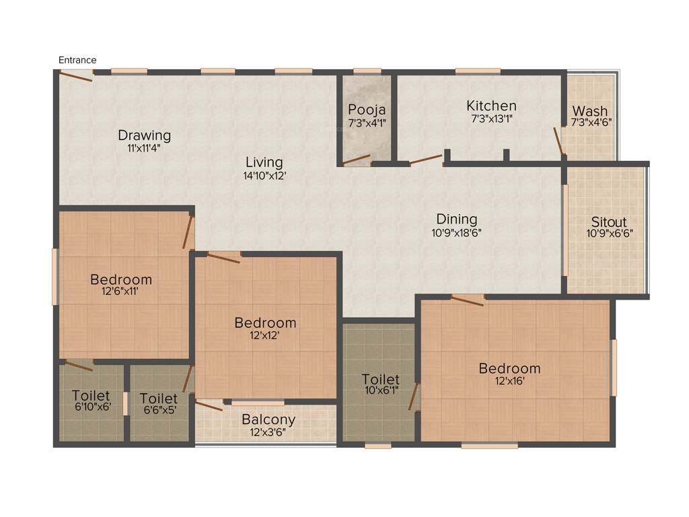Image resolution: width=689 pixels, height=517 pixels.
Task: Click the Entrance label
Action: coord(77,60)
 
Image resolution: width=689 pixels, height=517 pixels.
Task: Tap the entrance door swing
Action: coord(75,76)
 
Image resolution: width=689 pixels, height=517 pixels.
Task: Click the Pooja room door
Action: coord(356,160)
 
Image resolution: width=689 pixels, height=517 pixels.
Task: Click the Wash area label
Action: coord(590,111)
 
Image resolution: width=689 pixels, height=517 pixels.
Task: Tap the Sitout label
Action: coord(609,222)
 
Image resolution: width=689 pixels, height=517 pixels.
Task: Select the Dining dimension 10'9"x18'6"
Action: coord(457,233)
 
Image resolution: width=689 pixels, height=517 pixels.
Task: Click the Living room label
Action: coord(264,162)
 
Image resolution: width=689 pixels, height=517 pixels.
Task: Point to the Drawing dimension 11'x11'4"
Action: coord(144,148)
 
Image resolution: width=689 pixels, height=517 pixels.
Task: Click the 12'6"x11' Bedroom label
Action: coord(121,279)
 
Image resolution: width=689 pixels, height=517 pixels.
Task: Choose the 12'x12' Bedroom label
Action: coord(265,323)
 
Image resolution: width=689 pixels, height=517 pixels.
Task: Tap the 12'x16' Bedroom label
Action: coord(509,368)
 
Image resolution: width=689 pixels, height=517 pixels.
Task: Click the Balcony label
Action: coord(268,419)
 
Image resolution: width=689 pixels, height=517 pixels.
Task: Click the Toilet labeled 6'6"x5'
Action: coord(159,399)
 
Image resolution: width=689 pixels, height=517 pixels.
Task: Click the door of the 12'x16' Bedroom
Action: coord(467,300)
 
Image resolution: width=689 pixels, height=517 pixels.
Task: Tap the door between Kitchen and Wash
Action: coord(558,141)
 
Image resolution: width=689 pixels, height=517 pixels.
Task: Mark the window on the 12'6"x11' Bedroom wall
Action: coord(55,277)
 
